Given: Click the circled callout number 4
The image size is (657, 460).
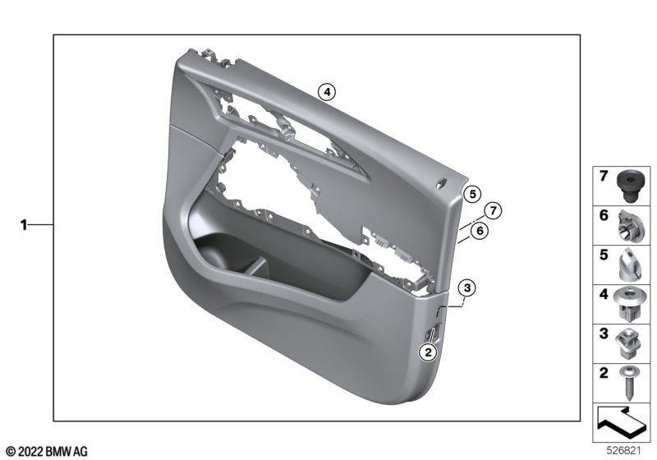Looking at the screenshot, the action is point(327,92).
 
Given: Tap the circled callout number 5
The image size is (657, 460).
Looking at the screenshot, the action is point(473,194).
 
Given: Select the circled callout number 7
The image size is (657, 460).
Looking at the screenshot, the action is point(493,210).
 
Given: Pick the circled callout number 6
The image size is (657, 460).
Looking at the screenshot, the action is point(480,231).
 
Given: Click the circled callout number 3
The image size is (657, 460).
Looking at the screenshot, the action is point(467,287).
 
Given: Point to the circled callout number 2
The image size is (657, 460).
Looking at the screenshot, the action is point(428,352).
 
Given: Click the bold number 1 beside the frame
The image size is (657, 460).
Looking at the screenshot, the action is point(24,225).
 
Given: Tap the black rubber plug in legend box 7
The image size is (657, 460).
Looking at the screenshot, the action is point(632,186).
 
